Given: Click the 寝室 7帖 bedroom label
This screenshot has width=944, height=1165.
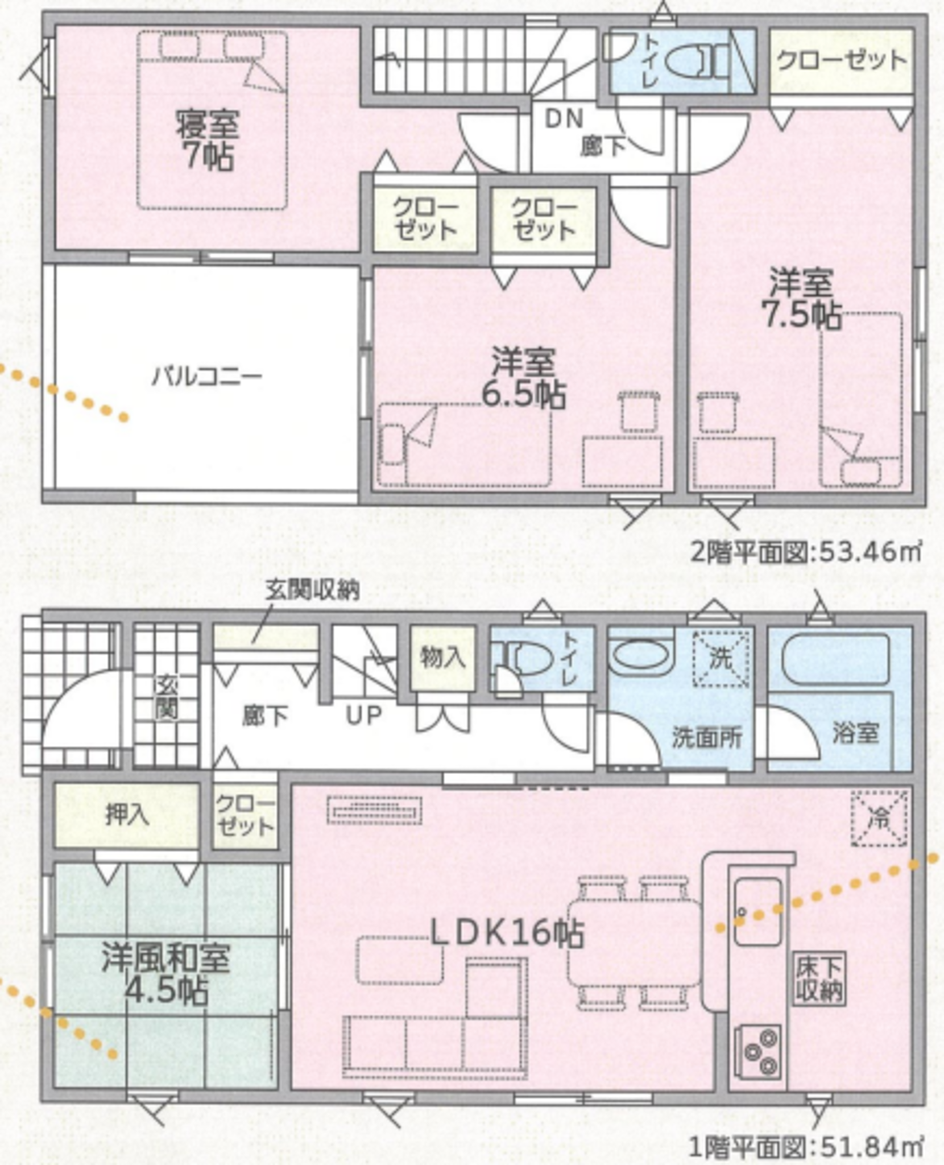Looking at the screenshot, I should coord(206,140).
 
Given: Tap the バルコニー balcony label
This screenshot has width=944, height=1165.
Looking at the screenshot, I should coord(207,376).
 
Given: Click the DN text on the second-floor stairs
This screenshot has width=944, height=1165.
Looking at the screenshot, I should coord(564,118).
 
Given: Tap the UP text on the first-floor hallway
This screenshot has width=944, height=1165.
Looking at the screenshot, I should coord(364,715).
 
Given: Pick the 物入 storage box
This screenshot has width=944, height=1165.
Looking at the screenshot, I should coord(442,658).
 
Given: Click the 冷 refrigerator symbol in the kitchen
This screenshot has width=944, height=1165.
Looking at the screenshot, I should coord(879,818).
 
